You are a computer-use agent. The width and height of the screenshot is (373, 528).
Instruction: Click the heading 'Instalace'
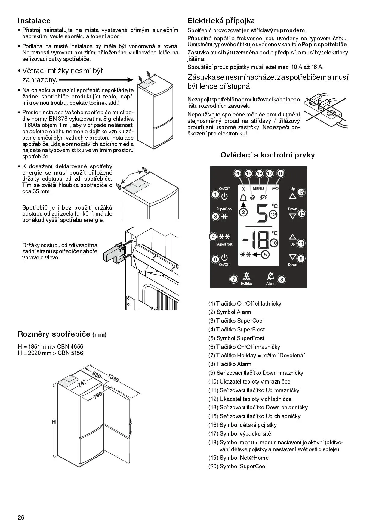pos(34,21)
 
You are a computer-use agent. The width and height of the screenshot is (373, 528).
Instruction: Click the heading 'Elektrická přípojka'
pos(221,21)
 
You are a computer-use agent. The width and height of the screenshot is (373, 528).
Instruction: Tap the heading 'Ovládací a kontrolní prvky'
pos(267,155)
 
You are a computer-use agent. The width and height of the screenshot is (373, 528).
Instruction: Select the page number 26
pos(21,517)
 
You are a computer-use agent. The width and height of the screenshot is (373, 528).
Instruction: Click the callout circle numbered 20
pos(238,174)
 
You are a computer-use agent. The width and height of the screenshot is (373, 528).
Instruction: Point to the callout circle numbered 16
pos(281,174)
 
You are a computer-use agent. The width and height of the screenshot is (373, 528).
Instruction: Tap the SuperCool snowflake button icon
pos(224,216)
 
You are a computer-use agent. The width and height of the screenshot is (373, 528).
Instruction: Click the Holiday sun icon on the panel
pos(247,276)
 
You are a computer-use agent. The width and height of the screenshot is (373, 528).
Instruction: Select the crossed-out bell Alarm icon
pos(270,276)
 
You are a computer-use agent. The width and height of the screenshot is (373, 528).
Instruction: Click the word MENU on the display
pos(258,189)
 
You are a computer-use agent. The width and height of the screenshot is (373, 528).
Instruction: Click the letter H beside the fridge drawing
pos(54,422)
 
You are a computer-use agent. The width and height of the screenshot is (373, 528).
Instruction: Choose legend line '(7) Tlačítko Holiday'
pos(257,356)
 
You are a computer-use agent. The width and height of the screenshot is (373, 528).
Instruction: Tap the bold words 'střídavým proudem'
pos(278,30)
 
